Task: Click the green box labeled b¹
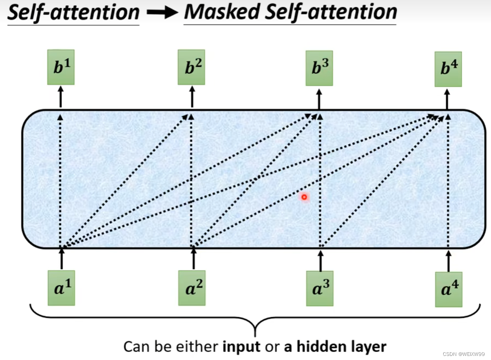[x=61, y=67]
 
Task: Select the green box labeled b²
[x=191, y=67]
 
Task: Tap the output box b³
[x=319, y=68]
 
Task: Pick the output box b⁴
[x=448, y=69]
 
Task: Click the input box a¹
[x=61, y=288]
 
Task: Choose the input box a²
[x=192, y=288]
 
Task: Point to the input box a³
[x=320, y=288]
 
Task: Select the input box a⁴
[x=449, y=289]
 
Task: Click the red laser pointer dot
[x=304, y=198]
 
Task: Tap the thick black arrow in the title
[x=161, y=13]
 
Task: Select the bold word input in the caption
[x=241, y=347]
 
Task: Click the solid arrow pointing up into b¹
[x=61, y=96]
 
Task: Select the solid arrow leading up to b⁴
[x=447, y=98]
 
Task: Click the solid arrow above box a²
[x=193, y=259]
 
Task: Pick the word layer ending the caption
[x=366, y=347]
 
